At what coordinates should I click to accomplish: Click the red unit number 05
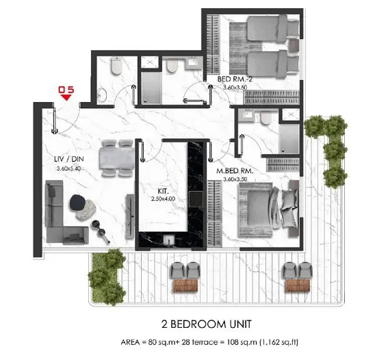point(66,90)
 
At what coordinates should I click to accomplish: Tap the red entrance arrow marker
point(66,97)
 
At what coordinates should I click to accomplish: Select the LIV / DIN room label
point(69,159)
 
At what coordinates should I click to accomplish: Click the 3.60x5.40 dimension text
point(68,168)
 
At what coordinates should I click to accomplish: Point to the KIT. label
point(163,191)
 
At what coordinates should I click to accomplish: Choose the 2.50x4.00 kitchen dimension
point(163,198)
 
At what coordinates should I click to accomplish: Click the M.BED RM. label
point(235,171)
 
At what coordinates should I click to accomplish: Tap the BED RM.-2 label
point(235,79)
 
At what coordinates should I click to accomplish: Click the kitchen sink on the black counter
point(169,240)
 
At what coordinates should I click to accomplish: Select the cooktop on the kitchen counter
point(196,199)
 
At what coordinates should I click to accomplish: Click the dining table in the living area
point(118,158)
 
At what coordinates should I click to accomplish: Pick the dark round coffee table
point(77,203)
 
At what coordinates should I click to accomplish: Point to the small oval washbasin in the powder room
point(101,94)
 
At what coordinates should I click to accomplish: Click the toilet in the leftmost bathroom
point(116,66)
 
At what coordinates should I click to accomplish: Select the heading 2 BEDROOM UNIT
point(207,324)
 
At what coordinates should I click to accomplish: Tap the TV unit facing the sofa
point(130,216)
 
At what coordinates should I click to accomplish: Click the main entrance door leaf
point(55,120)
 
